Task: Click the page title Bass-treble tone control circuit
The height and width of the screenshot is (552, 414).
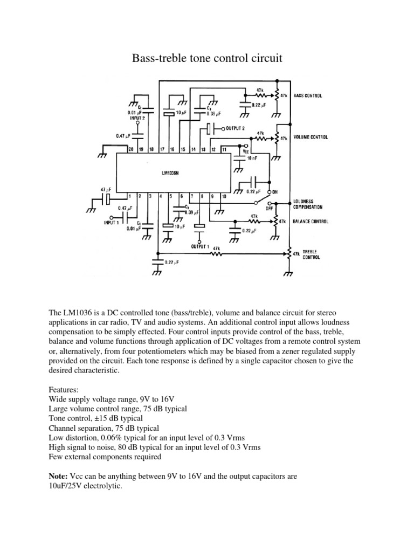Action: pos(207,58)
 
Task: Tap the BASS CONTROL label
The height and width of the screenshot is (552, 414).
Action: pos(308,96)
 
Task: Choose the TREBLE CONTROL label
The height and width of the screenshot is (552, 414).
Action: pos(311,254)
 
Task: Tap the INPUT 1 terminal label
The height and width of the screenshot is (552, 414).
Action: pos(111,222)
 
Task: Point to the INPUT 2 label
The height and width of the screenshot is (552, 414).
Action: pos(137,117)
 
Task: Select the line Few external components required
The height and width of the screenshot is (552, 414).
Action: pos(105,457)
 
